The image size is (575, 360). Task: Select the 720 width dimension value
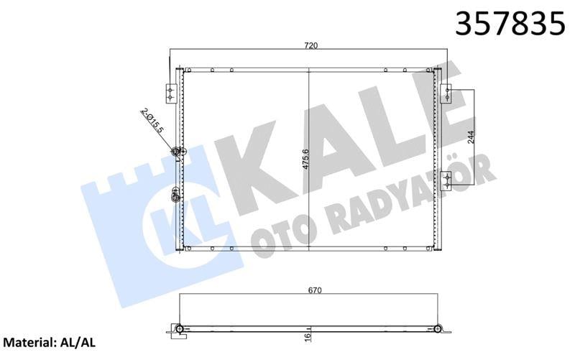pos(310,46)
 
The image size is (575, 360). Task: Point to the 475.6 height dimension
pos(305,157)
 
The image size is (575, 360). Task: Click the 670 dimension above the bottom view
pos(313,290)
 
